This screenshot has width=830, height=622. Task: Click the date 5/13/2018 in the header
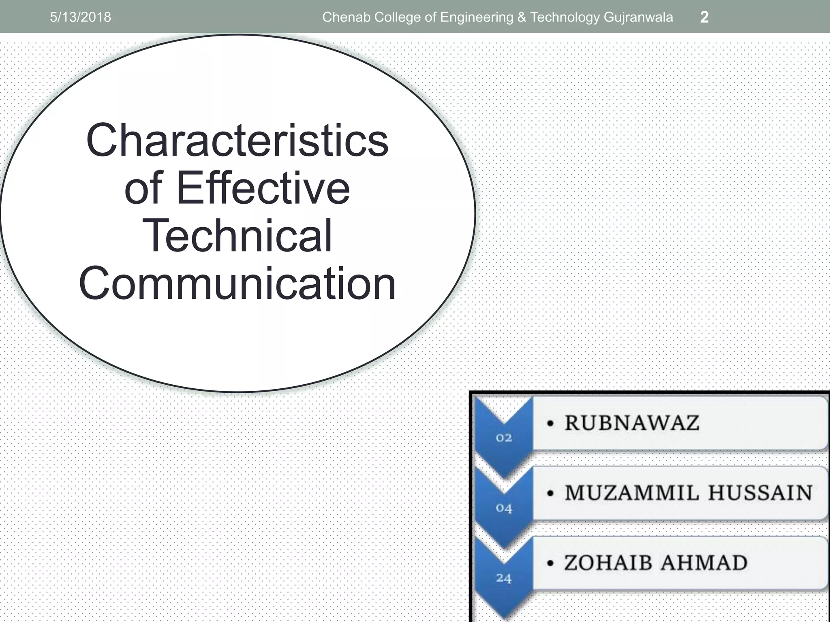point(80,17)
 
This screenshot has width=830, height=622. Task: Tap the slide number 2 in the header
point(704,17)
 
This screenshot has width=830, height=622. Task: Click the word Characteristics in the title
point(237,141)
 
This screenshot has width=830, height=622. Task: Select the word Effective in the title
point(263,188)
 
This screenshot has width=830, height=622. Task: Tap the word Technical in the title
point(237,236)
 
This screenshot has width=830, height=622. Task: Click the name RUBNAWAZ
point(632,423)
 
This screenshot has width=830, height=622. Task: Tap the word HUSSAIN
point(760,493)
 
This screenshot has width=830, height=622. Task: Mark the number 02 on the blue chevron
point(504,438)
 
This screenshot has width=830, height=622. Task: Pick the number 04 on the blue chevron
point(504,508)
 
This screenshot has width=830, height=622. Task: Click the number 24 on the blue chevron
point(504,578)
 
